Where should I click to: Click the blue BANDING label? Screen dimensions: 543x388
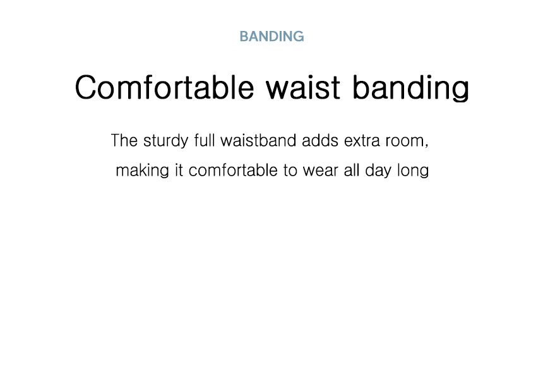pyautogui.click(x=272, y=37)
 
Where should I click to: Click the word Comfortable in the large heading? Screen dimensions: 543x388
pyautogui.click(x=164, y=87)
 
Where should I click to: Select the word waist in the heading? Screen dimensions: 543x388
pyautogui.click(x=303, y=87)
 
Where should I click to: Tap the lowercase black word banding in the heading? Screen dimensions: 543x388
pyautogui.click(x=410, y=88)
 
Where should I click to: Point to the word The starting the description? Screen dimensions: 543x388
pyautogui.click(x=124, y=141)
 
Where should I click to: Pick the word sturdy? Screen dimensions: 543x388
pyautogui.click(x=166, y=142)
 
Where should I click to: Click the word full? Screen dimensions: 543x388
pyautogui.click(x=205, y=140)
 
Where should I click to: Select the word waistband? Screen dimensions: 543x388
pyautogui.click(x=258, y=140)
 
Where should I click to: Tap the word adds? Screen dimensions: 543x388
pyautogui.click(x=320, y=140)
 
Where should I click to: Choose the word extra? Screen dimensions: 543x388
pyautogui.click(x=362, y=141)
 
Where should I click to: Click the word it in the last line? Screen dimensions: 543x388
pyautogui.click(x=179, y=170)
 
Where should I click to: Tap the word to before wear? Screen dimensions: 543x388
pyautogui.click(x=290, y=171)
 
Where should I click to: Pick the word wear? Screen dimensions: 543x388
pyautogui.click(x=320, y=172)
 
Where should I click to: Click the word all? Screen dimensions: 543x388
pyautogui.click(x=352, y=170)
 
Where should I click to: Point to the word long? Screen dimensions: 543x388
pyautogui.click(x=413, y=171)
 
